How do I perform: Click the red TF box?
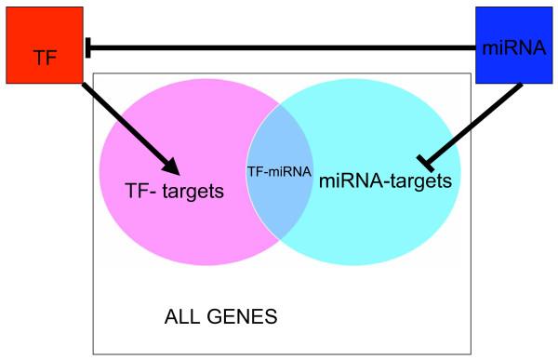pyautogui.click(x=44, y=45)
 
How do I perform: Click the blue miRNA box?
pyautogui.click(x=512, y=45)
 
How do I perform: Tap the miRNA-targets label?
pyautogui.click(x=385, y=180)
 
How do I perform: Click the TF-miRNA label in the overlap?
pyautogui.click(x=280, y=171)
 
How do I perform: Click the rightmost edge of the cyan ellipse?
pyautogui.click(x=459, y=172)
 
